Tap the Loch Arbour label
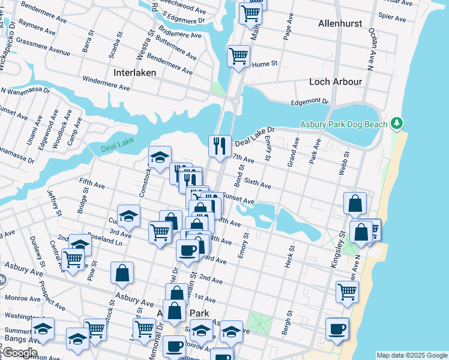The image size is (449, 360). (335, 82)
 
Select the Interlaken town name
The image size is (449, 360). (134, 73)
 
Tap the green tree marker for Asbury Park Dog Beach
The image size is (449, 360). (396, 123)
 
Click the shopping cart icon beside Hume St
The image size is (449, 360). (239, 56)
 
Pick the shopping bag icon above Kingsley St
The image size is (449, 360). (355, 203)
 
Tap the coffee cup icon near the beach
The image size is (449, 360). (337, 328)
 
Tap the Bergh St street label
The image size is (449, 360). (286, 322)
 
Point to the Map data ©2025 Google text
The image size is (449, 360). (411, 355)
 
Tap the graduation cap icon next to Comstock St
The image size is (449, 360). (160, 157)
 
